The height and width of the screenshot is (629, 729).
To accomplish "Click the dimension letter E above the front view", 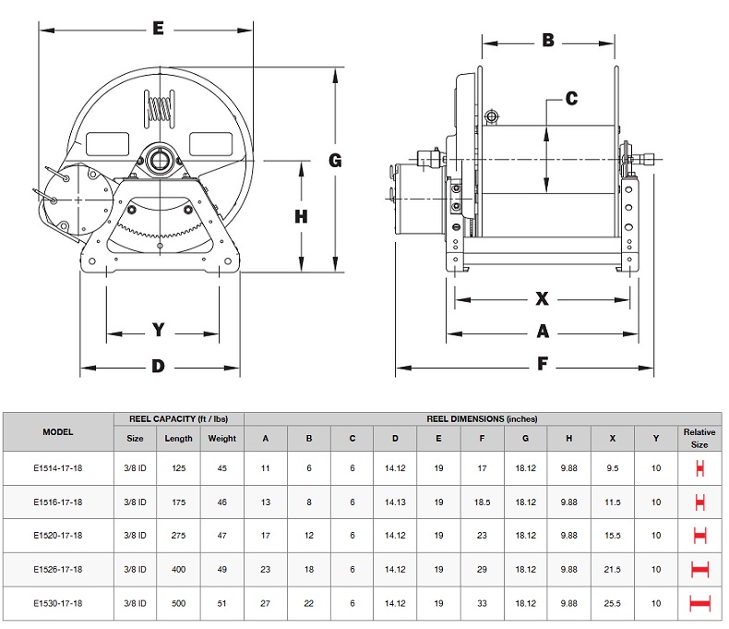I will pos(158,30).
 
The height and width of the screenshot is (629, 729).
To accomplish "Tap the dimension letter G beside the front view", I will pos(335,160).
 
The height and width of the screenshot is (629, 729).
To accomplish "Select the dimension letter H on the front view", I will pos(301,216).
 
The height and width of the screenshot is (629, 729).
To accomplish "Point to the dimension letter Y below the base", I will pos(159,330).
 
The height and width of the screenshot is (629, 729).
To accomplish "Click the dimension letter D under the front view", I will pos(158,367).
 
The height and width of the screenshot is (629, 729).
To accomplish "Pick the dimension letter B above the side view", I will pos(547,41).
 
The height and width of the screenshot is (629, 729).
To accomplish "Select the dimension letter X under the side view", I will pos(543,298).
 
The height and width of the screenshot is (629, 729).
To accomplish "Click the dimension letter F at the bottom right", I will pos(543,365).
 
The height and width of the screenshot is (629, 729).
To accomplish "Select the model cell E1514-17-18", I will pos(57,467).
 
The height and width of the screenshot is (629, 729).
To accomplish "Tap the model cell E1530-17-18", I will pos(57,604).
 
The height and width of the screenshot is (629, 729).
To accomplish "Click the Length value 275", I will pos(178,536).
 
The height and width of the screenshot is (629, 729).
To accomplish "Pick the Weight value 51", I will pos(221,604).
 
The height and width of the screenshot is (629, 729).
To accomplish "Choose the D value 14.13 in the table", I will pos(395,502).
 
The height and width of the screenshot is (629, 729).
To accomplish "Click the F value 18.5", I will pos(483,502).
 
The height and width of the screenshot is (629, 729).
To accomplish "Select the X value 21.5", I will pos(613,570).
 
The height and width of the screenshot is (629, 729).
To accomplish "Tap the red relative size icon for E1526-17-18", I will pos(699,570).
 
